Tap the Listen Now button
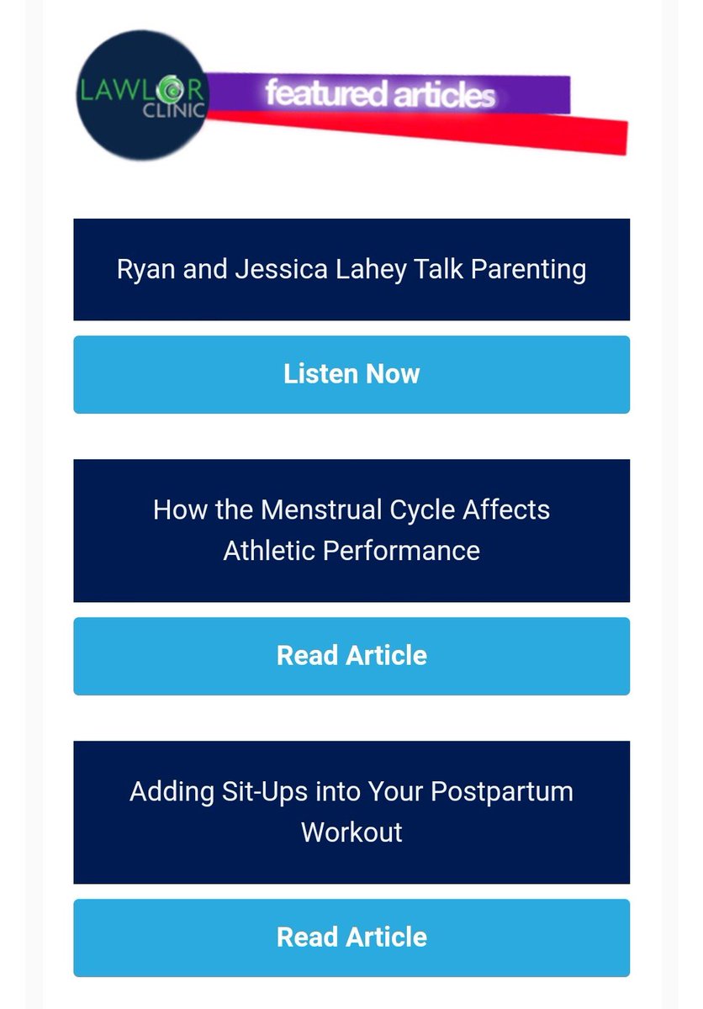(x=351, y=374)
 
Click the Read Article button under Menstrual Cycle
(x=351, y=656)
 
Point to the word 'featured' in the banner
(x=314, y=93)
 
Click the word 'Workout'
(x=351, y=832)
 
